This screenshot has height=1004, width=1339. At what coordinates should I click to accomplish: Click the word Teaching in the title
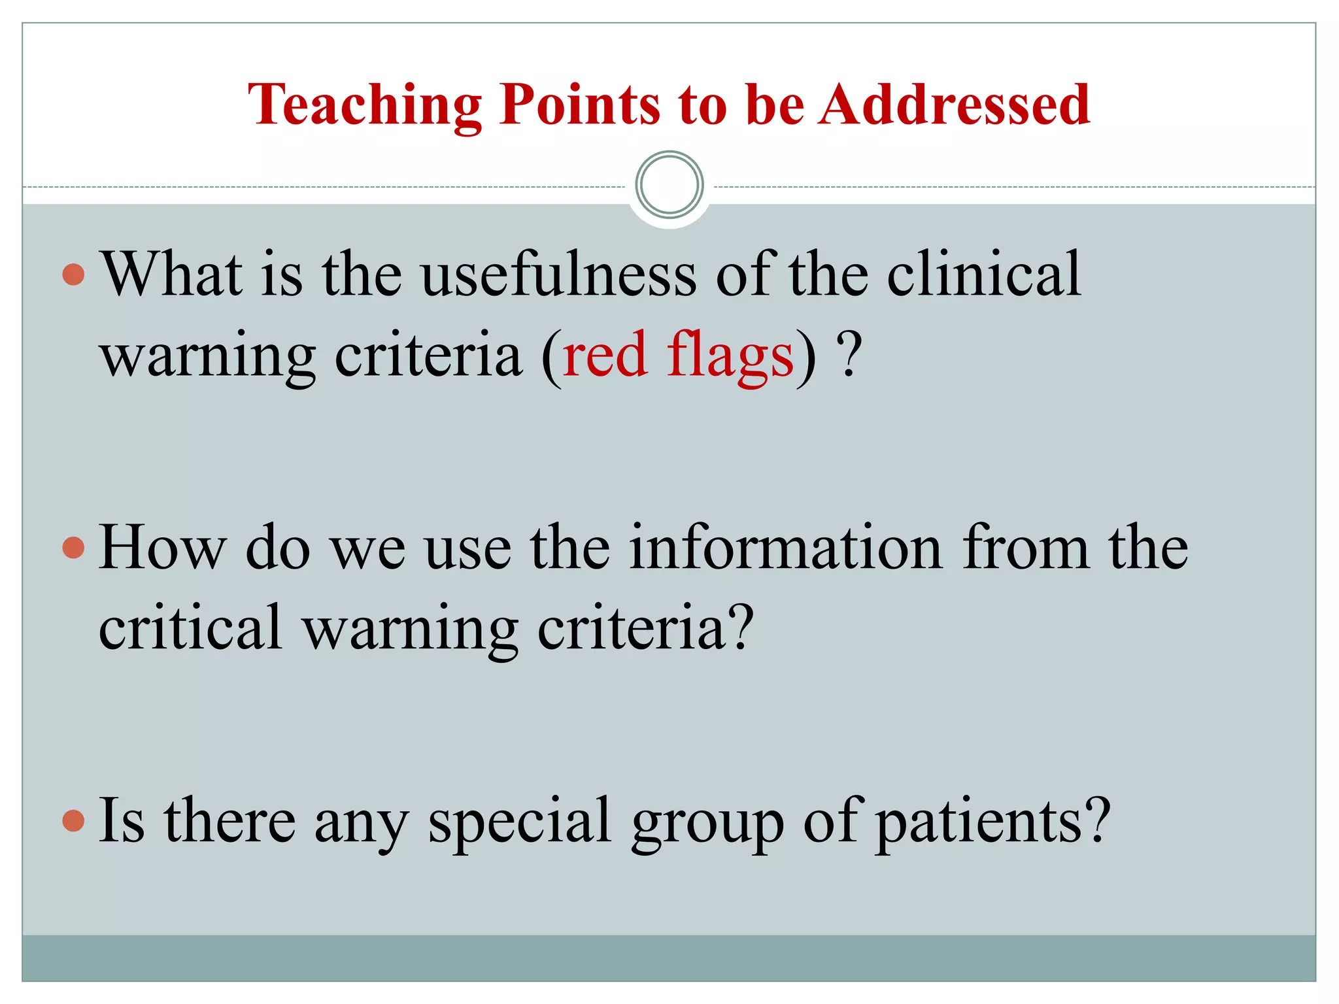click(365, 106)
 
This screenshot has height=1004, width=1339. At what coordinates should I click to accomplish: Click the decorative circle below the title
click(669, 185)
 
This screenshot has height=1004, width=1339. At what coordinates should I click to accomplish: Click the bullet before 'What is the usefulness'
click(74, 275)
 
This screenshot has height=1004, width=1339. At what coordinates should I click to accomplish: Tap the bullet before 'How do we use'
click(74, 548)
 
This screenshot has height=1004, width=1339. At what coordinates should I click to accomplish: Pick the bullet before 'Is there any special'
click(74, 820)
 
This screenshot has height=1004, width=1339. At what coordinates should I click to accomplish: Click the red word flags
click(730, 356)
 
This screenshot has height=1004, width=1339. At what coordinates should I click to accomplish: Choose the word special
click(520, 821)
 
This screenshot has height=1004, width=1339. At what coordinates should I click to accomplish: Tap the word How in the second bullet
click(162, 548)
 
